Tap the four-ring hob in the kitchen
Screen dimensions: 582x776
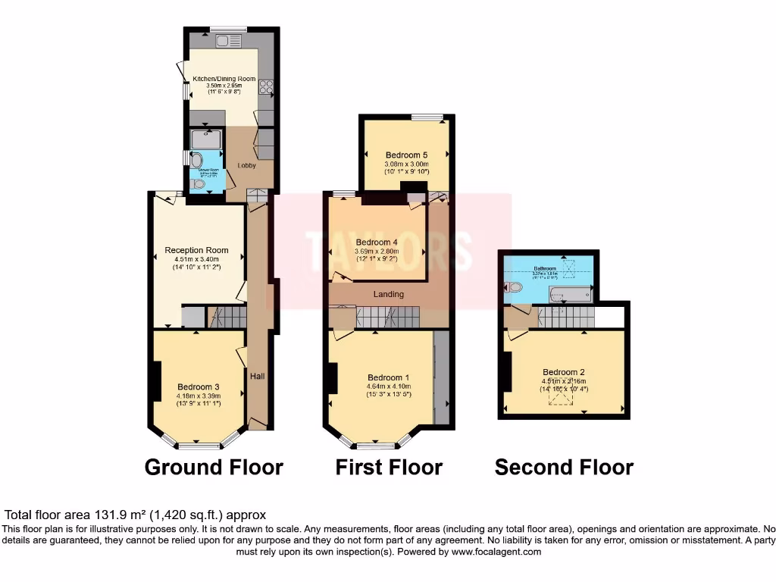(x=268, y=88)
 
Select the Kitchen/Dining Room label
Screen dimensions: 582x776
(x=224, y=79)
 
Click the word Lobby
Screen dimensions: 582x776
(x=247, y=165)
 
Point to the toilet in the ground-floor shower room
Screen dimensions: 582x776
(x=199, y=184)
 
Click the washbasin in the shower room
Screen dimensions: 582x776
(x=196, y=160)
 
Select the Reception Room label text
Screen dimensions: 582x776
(x=197, y=251)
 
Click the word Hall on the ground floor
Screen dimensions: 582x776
(x=258, y=375)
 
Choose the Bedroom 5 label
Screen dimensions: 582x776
(x=401, y=155)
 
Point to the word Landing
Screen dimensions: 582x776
(x=389, y=294)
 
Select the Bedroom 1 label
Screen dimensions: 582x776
(x=389, y=378)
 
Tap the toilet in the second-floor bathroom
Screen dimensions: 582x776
(x=514, y=287)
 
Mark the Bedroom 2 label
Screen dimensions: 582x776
(x=564, y=372)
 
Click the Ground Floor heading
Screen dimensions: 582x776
(x=214, y=467)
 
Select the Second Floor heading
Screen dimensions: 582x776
(x=564, y=468)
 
